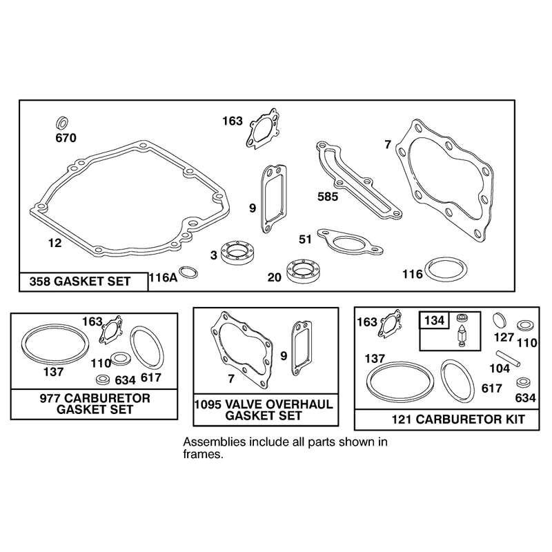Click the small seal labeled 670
click(62, 124)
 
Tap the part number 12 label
click(55, 243)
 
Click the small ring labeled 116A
click(188, 272)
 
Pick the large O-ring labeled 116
click(446, 269)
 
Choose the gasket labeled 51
click(350, 241)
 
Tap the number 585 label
click(328, 197)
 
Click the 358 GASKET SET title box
click(83, 282)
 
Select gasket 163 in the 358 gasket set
click(262, 128)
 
